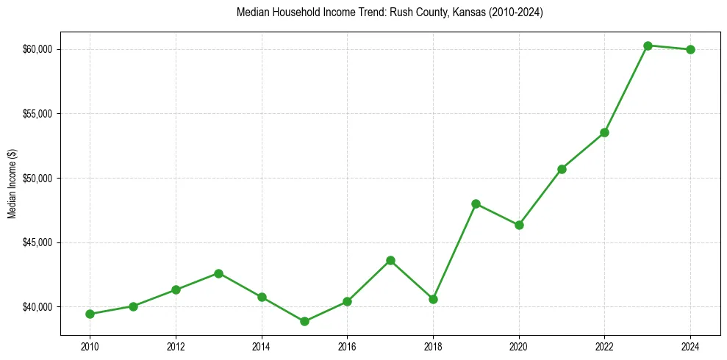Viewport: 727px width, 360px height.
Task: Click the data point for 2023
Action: [648, 46]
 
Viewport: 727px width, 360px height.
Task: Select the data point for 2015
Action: [304, 321]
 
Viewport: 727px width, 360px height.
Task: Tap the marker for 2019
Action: [476, 204]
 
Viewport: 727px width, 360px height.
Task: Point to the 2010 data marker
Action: [90, 314]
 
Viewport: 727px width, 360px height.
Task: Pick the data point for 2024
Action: [690, 49]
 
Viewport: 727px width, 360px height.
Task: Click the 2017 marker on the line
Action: [390, 260]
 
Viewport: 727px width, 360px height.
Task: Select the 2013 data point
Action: [218, 273]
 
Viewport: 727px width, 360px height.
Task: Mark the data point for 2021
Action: [562, 169]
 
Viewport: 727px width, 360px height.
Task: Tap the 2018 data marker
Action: [433, 299]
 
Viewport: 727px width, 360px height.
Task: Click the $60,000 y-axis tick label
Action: [38, 49]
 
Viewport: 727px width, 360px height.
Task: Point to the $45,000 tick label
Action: [38, 242]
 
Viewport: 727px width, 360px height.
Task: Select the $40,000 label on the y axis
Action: [38, 306]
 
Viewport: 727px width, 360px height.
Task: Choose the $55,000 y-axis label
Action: [38, 114]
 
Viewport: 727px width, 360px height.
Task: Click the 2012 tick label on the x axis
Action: [176, 346]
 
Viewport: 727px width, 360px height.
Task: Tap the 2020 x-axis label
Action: [519, 346]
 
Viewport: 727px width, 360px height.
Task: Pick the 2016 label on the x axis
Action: [347, 346]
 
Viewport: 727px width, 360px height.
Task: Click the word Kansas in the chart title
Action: [462, 12]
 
